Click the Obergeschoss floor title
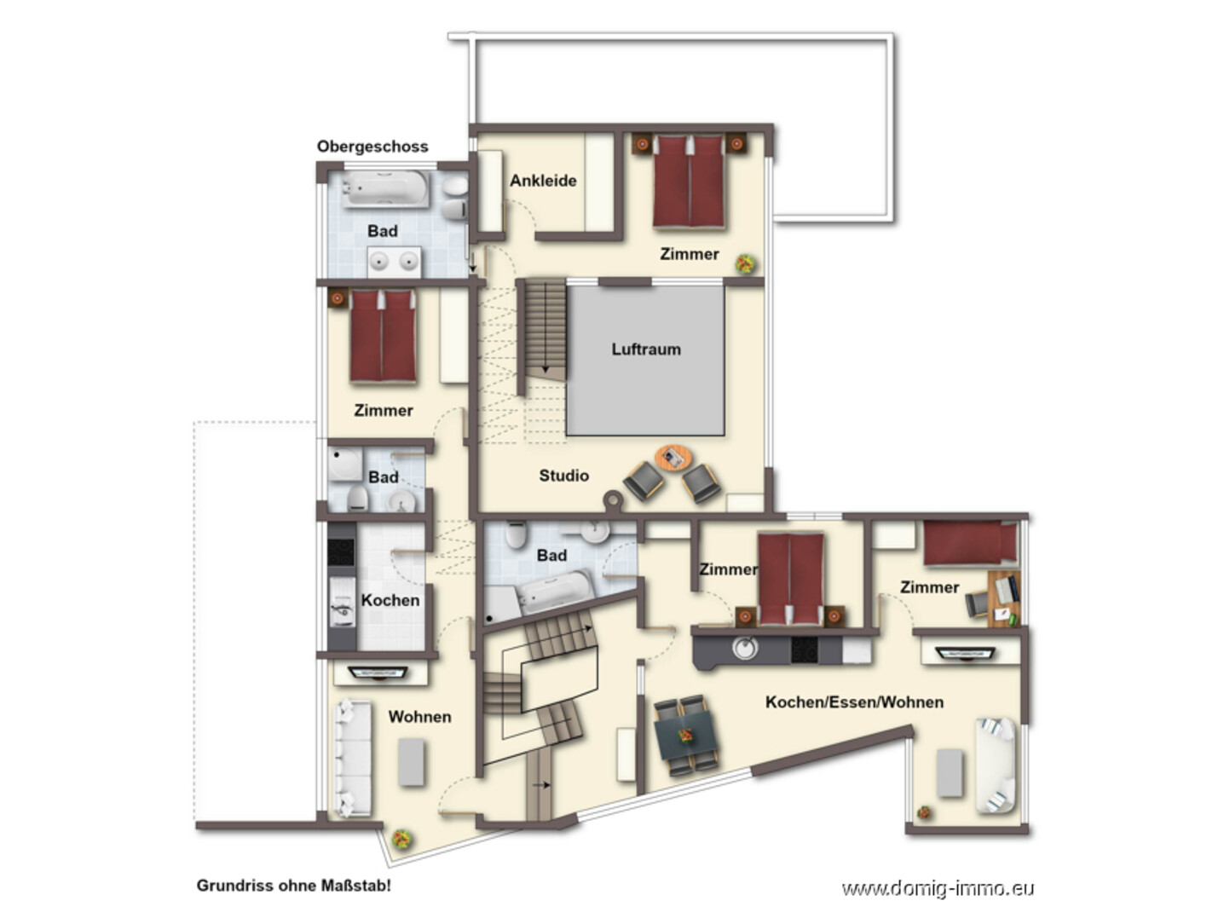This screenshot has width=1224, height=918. (372, 146)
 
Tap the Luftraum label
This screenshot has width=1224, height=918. (646, 349)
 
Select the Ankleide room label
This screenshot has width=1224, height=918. (543, 181)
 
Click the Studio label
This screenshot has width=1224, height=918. (563, 476)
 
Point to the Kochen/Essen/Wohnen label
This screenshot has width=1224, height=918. (854, 701)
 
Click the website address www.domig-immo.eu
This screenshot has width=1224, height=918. (938, 888)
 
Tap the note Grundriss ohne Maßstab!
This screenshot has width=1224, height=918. (294, 886)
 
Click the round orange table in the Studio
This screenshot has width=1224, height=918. (673, 458)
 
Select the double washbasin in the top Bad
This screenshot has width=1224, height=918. (395, 262)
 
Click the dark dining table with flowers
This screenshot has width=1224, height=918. (686, 736)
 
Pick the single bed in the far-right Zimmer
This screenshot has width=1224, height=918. (971, 542)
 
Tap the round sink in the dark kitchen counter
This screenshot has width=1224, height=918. (744, 649)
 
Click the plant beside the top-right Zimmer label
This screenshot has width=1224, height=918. (746, 263)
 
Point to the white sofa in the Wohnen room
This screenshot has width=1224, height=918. (352, 758)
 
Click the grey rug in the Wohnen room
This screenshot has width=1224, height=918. (412, 762)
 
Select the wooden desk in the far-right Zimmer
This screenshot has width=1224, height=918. (1004, 598)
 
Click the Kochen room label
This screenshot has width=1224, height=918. (390, 600)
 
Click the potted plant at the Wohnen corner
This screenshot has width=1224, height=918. (401, 839)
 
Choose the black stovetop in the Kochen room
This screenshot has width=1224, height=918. (341, 552)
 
